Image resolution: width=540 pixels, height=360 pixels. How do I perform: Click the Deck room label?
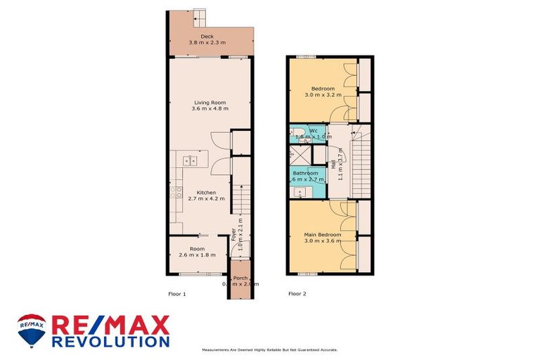(x=207, y=36)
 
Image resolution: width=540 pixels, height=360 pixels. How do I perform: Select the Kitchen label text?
(x=205, y=193)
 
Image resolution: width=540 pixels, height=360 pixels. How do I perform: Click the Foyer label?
(x=233, y=236)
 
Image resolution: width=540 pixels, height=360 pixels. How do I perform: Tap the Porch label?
(x=240, y=276)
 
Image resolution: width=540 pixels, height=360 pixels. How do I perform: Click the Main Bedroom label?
(x=322, y=234)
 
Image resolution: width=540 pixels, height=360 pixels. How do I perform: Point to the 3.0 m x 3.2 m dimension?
(x=323, y=95)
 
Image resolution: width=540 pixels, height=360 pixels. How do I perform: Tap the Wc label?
(x=314, y=130)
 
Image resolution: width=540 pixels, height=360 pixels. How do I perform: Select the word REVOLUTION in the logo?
(x=110, y=340)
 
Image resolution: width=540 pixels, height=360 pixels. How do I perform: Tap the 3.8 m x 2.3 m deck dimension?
(x=207, y=43)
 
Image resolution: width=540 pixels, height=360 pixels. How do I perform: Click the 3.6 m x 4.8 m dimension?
(x=211, y=110)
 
